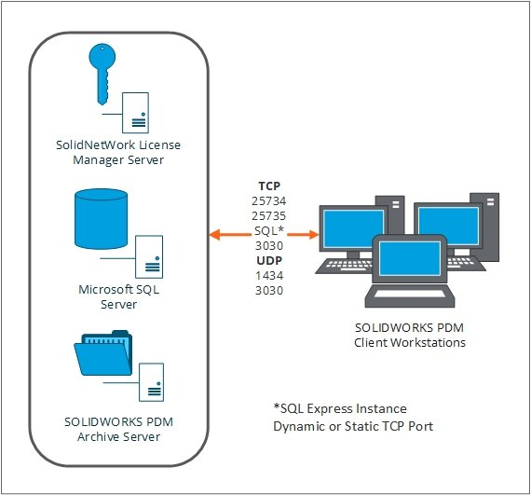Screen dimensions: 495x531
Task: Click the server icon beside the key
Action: point(136,113)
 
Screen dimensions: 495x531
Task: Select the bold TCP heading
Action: point(269,186)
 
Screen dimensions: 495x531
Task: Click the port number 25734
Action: point(269,200)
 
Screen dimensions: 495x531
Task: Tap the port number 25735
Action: point(269,215)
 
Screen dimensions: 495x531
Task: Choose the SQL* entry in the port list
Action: point(269,230)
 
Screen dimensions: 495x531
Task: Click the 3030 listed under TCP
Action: point(269,245)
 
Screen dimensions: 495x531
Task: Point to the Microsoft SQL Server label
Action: point(112,296)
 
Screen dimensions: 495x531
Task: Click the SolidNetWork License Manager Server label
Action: point(112,152)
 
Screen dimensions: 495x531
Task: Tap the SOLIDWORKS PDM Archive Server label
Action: point(112,429)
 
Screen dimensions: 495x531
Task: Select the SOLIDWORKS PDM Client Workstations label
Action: point(411,335)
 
